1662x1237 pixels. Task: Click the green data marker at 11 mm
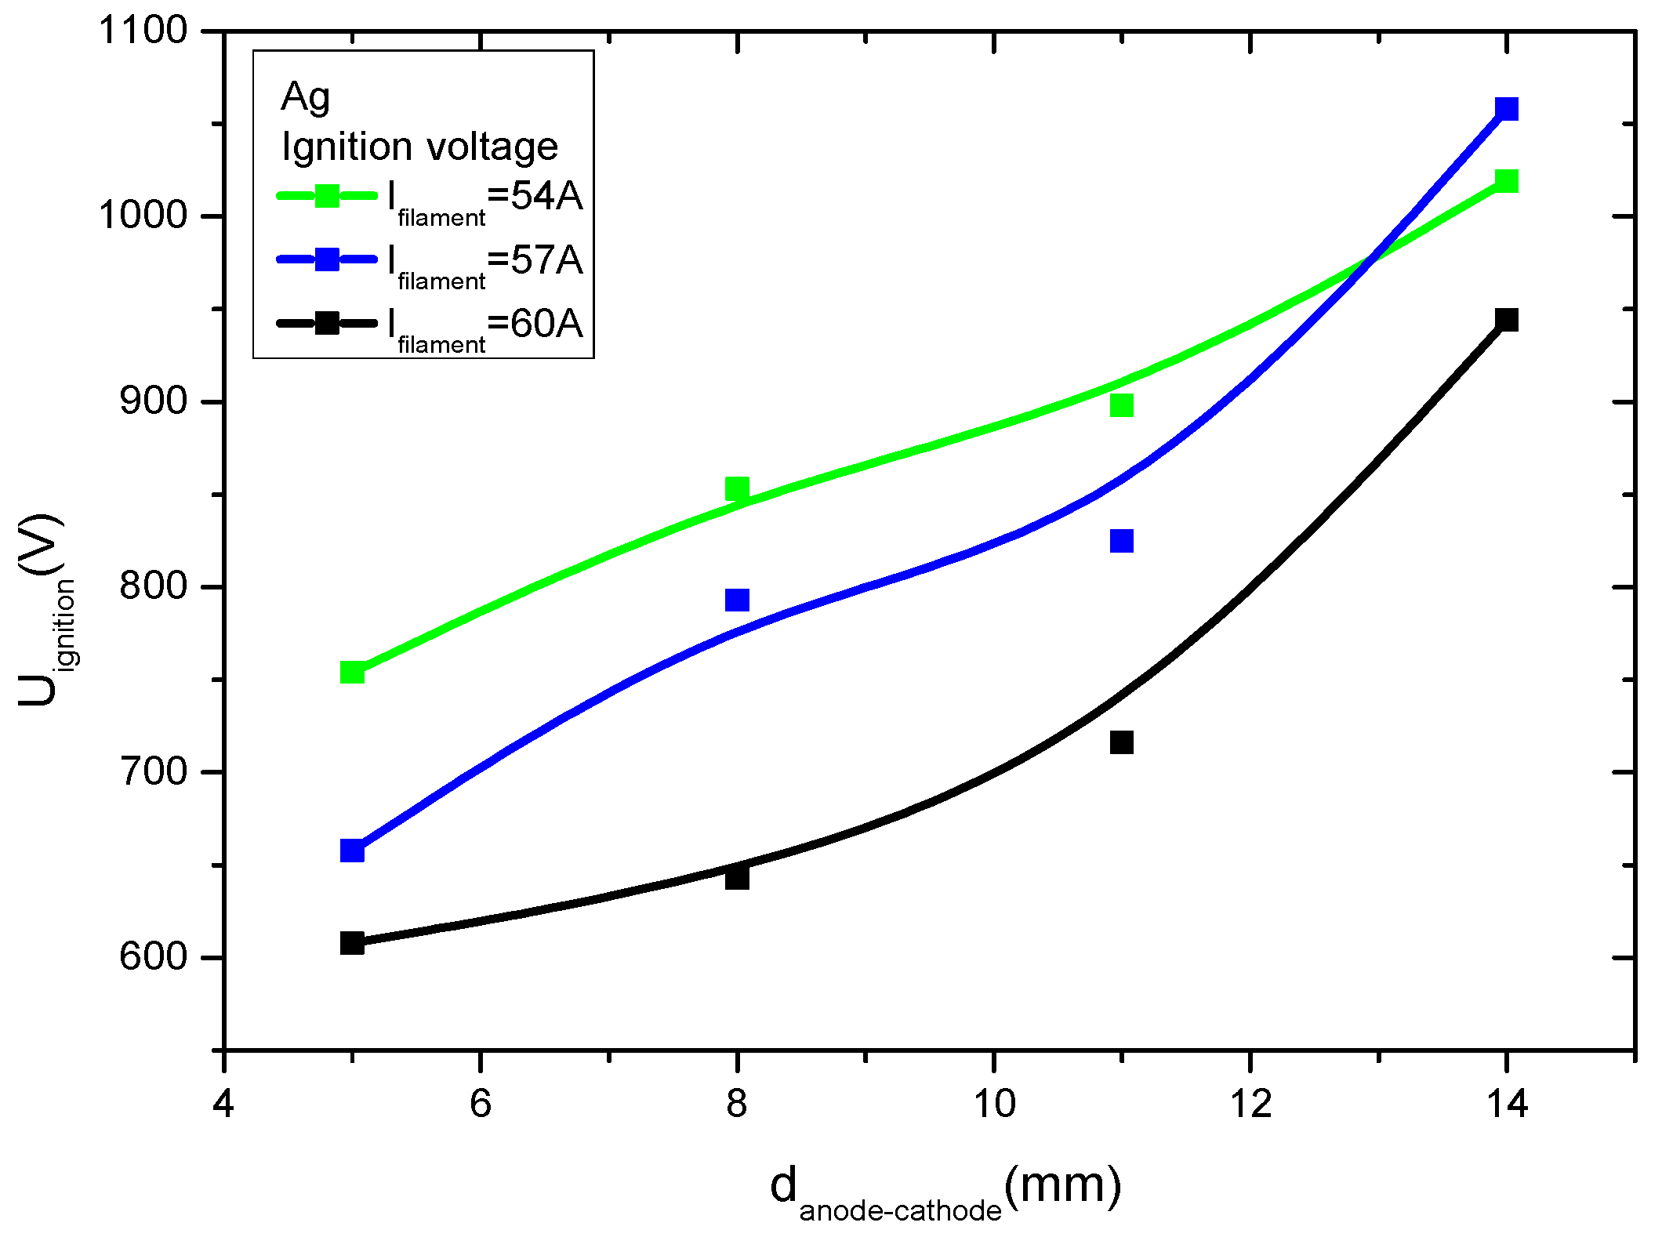click(x=1122, y=405)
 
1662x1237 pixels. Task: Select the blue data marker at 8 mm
click(x=737, y=600)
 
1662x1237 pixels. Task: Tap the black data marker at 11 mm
click(x=1122, y=742)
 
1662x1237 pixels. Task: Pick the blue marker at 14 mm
click(x=1506, y=108)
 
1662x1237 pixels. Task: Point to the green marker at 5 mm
click(x=352, y=672)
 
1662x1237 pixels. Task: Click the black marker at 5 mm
click(x=352, y=942)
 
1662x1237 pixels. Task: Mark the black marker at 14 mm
click(x=1506, y=320)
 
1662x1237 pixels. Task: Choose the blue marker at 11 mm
click(x=1122, y=541)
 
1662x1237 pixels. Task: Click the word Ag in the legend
click(x=306, y=98)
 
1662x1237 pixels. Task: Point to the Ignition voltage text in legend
click(x=419, y=147)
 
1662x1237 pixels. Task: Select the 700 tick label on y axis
click(x=153, y=772)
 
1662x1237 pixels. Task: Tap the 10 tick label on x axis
click(x=993, y=1104)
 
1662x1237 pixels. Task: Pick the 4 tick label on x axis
click(x=224, y=1104)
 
